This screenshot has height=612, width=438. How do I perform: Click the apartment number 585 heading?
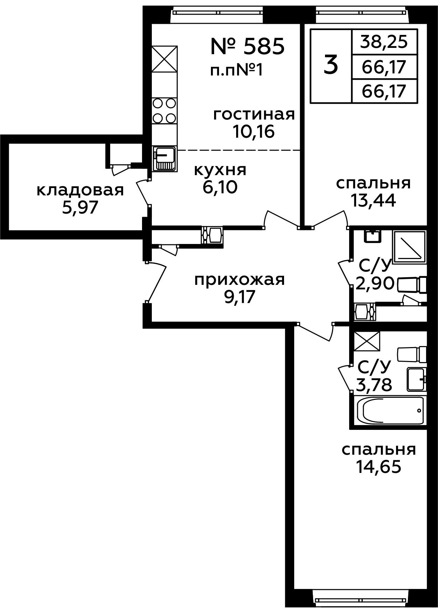[247, 47]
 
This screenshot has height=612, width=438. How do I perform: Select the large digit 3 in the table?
[331, 65]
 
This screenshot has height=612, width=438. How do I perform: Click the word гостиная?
[254, 114]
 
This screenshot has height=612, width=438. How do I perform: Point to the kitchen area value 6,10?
[220, 187]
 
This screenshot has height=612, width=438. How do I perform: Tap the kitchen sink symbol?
[164, 159]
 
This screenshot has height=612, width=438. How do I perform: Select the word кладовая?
[80, 191]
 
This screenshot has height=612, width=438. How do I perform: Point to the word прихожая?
[240, 280]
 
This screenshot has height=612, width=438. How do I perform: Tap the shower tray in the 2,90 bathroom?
[410, 247]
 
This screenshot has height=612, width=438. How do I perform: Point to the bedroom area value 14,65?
[378, 467]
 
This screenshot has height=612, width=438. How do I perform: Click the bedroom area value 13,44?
[374, 201]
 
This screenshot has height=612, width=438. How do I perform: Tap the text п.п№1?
[236, 71]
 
